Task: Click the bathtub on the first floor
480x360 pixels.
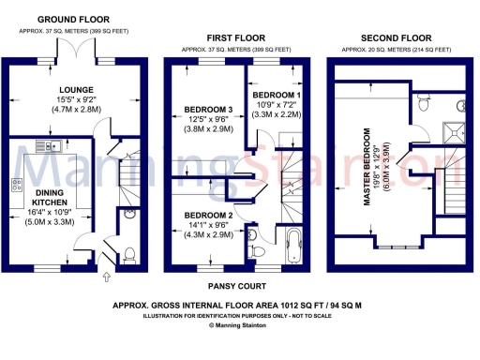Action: [x=292, y=245]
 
